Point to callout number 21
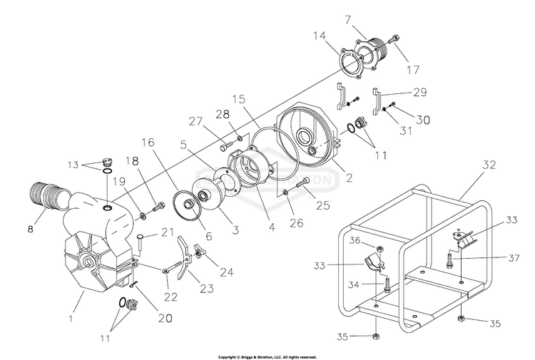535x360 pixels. (x=168, y=232)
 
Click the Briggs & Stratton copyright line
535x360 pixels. (x=267, y=356)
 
